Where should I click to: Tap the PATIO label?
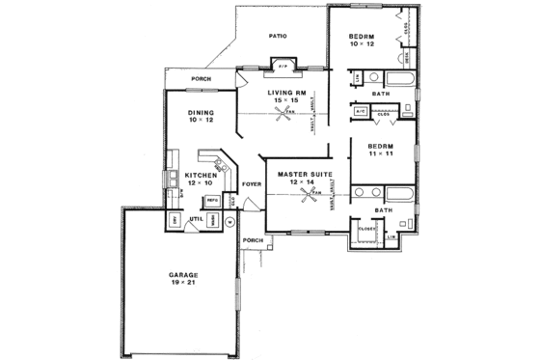[x=279, y=36]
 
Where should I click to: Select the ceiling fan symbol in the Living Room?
[x=286, y=113]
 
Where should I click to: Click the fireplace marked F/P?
[x=283, y=66]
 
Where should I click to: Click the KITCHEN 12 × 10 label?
[x=188, y=180]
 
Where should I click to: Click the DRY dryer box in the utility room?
[x=175, y=220]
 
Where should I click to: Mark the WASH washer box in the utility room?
[x=210, y=221]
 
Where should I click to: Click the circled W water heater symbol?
[x=229, y=221]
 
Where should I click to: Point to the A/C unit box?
[x=360, y=111]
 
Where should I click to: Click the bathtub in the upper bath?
[x=398, y=78]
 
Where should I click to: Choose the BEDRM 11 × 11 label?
[x=384, y=149]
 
